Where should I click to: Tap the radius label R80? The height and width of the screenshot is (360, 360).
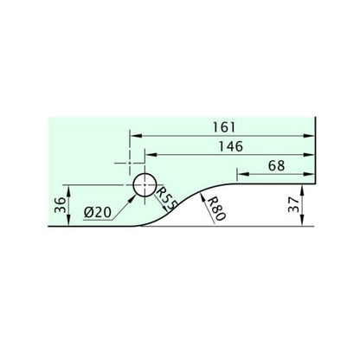click(216, 209)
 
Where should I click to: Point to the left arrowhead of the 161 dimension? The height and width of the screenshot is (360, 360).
click(135, 134)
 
